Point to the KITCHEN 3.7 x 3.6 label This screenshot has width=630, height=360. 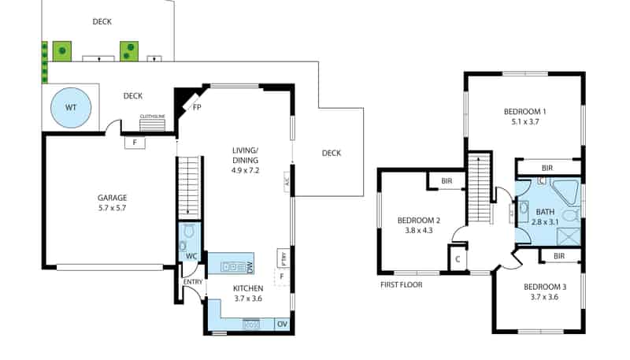coord(248,294)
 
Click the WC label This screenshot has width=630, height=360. coord(191,257)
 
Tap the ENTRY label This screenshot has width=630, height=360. coord(193,282)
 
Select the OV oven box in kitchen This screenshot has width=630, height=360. coord(282,324)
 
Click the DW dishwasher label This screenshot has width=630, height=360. coord(249,267)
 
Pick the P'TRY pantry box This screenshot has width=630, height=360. coord(282,258)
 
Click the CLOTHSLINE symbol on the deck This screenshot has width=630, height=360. coord(152,123)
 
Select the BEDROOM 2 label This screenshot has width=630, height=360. coord(418,225)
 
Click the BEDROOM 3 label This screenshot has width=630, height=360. coord(544,291)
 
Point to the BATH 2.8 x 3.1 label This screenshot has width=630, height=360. coord(546,217)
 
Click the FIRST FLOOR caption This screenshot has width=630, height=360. coord(401,284)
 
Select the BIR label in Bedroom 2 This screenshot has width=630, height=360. coord(447,181)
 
